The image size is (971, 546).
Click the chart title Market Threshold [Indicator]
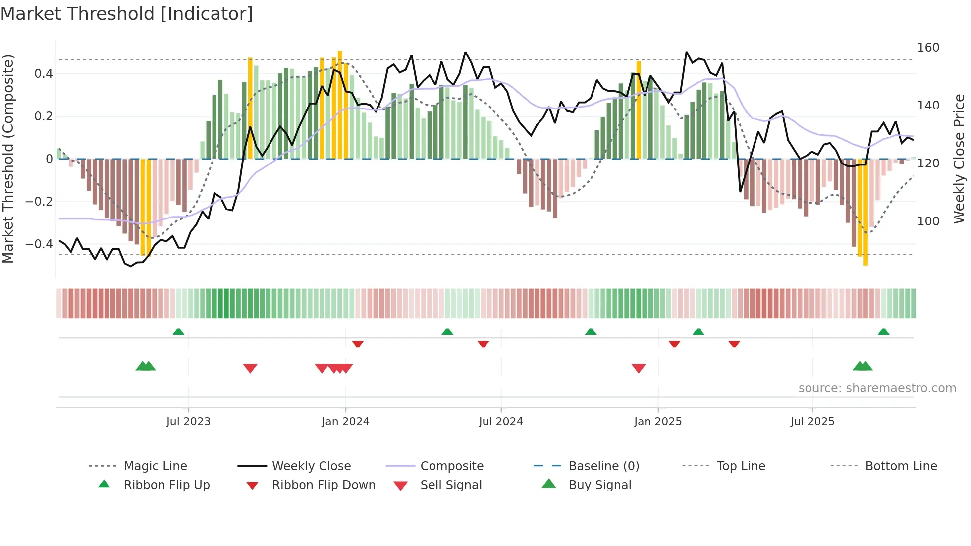[x=127, y=14]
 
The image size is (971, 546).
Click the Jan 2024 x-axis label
[x=345, y=422]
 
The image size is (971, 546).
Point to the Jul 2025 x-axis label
[x=812, y=422]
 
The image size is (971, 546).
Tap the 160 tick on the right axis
[x=928, y=48]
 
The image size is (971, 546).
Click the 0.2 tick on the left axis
[x=43, y=116]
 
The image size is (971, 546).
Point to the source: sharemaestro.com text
[x=877, y=388]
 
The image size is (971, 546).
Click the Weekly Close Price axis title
[x=960, y=159]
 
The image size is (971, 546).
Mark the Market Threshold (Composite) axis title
[x=8, y=159]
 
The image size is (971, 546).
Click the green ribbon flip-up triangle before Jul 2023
[x=178, y=332]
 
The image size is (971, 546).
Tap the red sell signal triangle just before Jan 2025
[x=639, y=368]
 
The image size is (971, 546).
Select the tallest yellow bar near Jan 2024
[x=340, y=104]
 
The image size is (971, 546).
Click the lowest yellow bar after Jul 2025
[x=865, y=213]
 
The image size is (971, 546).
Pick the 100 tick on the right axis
[x=928, y=221]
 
